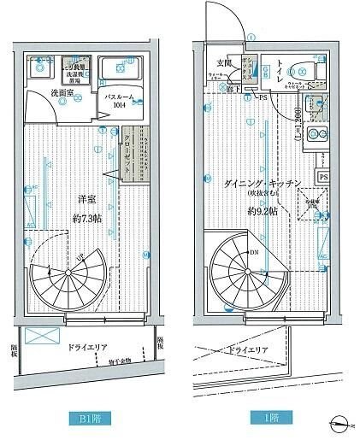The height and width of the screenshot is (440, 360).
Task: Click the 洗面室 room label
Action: [41, 91]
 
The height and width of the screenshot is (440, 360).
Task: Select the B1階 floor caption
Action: [81, 419]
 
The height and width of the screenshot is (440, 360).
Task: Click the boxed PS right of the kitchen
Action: [323, 177]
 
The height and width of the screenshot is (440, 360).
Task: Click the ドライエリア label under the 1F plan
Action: [250, 350]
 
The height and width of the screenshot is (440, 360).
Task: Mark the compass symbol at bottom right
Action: [341, 420]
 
